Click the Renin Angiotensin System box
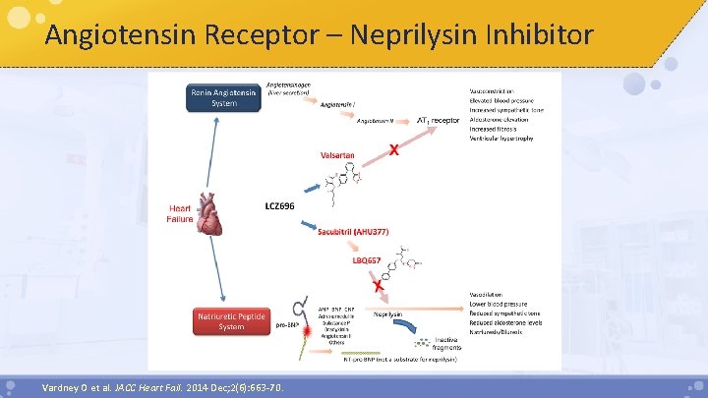tap(223, 97)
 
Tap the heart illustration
tap(211, 213)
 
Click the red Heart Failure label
tap(179, 213)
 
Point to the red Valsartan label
tap(337, 154)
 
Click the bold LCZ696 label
tap(279, 206)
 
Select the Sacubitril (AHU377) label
tap(353, 231)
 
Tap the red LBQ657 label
tap(368, 260)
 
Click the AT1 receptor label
tap(439, 120)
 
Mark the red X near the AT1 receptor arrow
tap(394, 150)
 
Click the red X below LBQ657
tap(377, 284)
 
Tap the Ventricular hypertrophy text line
tap(501, 140)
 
